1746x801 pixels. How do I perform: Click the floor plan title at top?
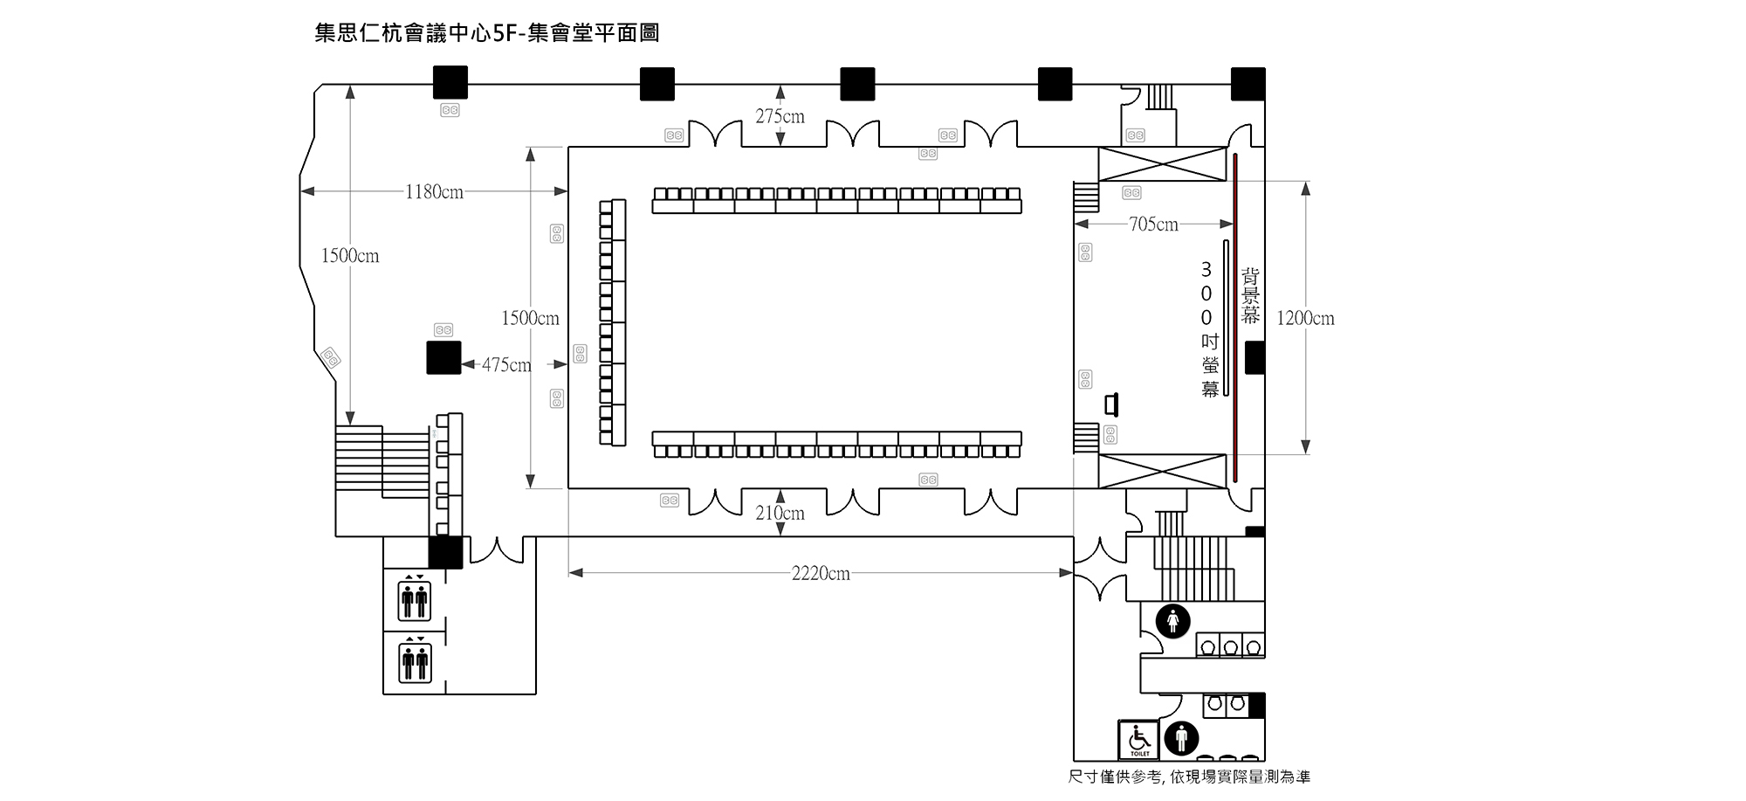click(x=486, y=33)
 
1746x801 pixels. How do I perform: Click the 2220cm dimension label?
click(x=821, y=574)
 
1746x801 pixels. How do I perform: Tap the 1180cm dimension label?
click(x=434, y=192)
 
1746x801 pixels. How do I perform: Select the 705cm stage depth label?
click(x=1153, y=224)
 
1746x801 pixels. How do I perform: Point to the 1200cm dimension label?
click(x=1305, y=318)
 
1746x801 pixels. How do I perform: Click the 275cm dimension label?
click(x=780, y=116)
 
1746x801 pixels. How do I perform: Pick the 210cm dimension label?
click(x=780, y=513)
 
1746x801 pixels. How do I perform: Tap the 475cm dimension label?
click(x=506, y=365)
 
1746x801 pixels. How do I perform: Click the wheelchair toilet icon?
click(x=1139, y=740)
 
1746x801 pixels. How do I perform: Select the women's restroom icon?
click(x=1173, y=621)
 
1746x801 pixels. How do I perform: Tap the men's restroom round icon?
click(x=1181, y=738)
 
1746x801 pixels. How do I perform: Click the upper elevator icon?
click(x=415, y=598)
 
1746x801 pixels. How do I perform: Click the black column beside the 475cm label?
click(x=443, y=358)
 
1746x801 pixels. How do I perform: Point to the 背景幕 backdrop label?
click(x=1250, y=297)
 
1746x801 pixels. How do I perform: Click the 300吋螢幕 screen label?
click(x=1208, y=329)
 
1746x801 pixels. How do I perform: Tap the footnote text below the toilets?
click(x=1189, y=777)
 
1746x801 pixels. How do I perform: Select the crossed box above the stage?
click(x=1162, y=164)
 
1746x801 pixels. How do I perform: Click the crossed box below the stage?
click(x=1162, y=472)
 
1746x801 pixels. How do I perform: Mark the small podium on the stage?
click(x=1110, y=404)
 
